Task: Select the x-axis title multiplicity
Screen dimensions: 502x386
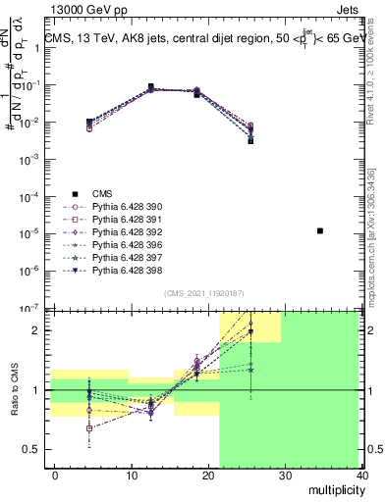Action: pyautogui.click(x=336, y=487)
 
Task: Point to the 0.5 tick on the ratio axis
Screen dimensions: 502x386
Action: pyautogui.click(x=31, y=450)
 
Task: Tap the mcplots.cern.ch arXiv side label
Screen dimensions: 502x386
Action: pyautogui.click(x=377, y=230)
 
